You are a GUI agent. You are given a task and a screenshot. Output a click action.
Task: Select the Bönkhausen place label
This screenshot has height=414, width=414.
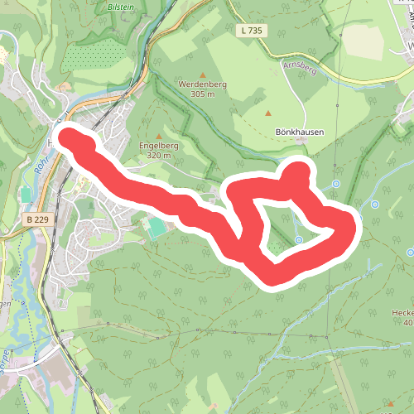[x=298, y=132]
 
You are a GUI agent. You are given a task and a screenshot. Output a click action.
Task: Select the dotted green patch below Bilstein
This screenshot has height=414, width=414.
[x=91, y=55]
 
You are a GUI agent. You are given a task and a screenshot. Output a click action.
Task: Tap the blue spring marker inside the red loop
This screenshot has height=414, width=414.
[x=300, y=240]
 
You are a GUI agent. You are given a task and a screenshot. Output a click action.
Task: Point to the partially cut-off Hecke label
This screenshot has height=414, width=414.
[x=403, y=313]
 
